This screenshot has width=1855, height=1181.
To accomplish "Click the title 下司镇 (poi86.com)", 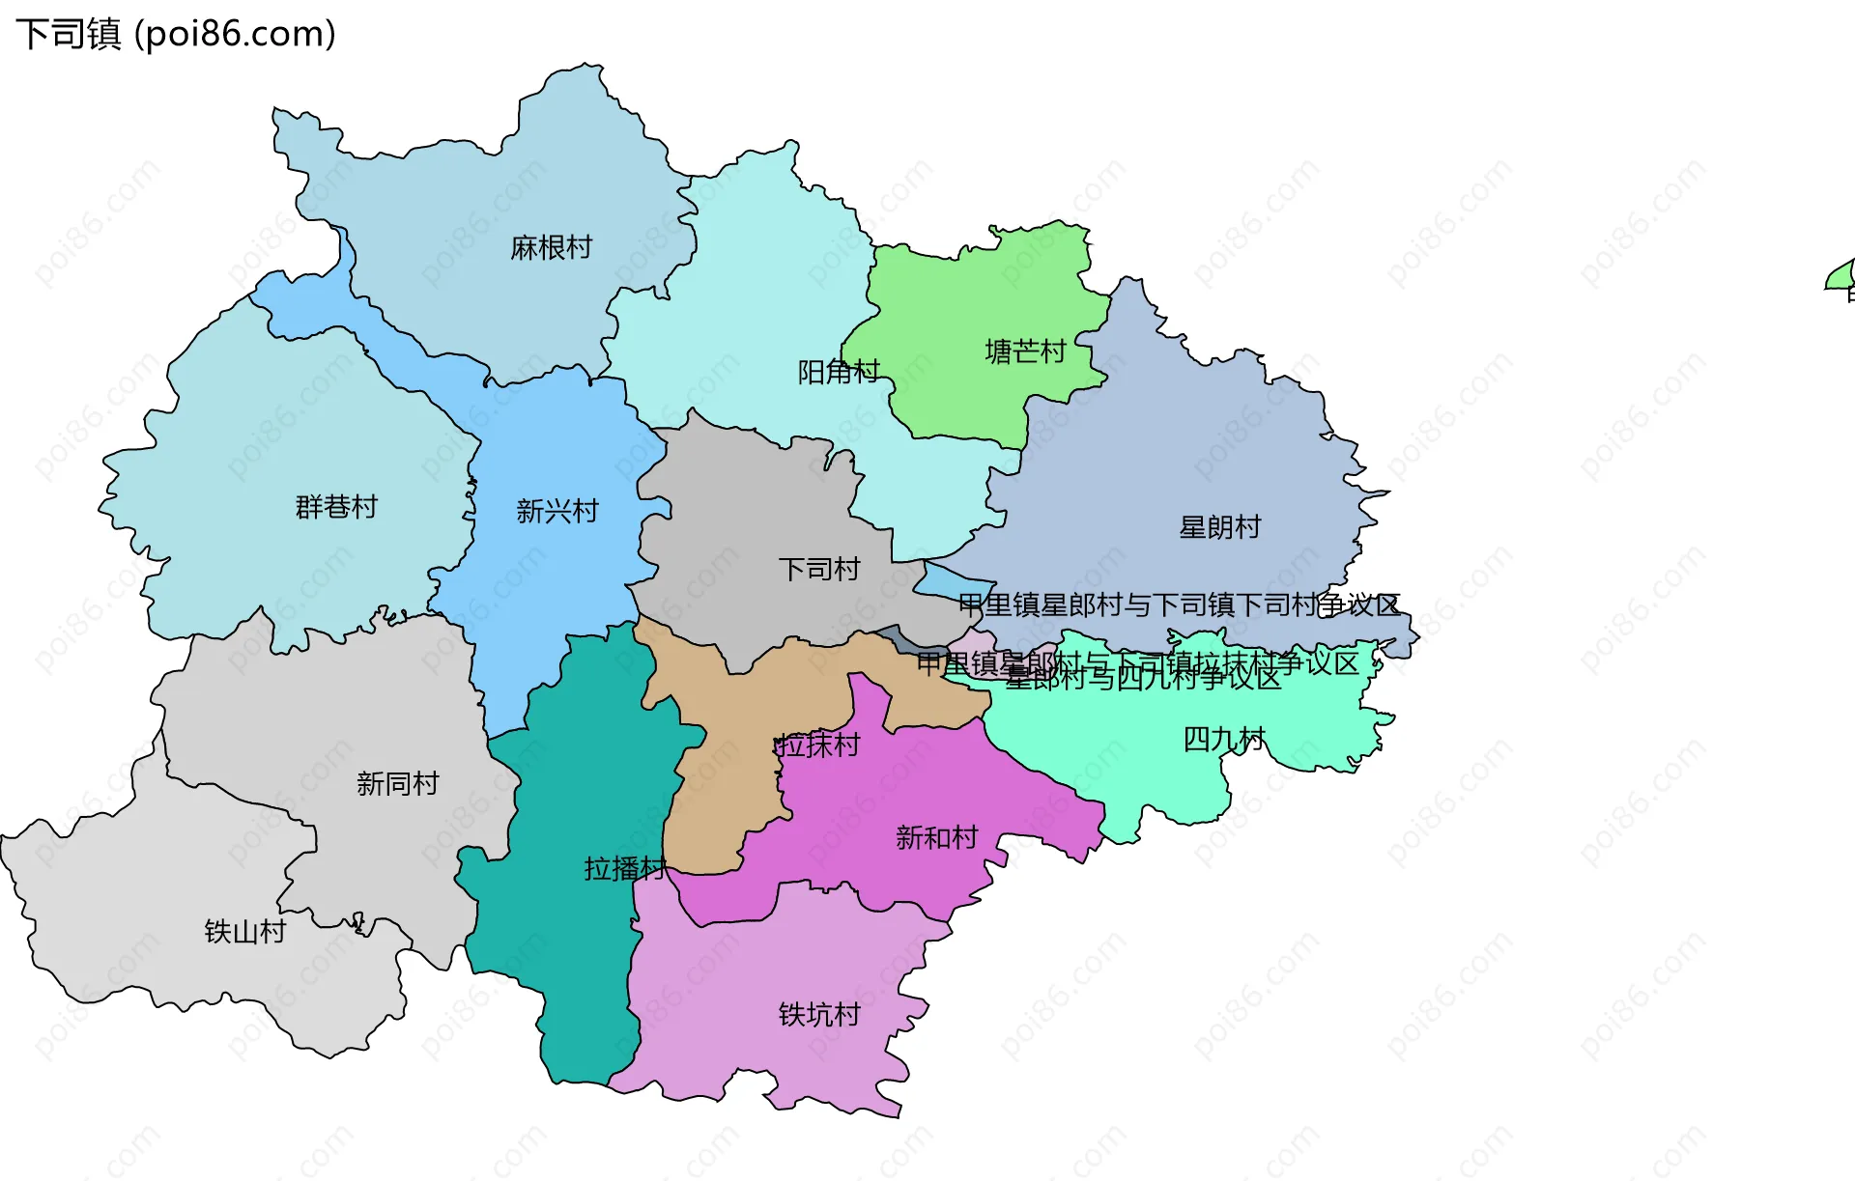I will pyautogui.click(x=176, y=34).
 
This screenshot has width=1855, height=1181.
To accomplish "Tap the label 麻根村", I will pyautogui.click(x=551, y=248).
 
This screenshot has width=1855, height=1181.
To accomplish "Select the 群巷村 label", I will pyautogui.click(x=336, y=507).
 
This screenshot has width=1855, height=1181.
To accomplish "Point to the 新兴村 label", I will pyautogui.click(x=557, y=511).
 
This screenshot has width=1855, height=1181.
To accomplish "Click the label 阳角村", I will pyautogui.click(x=838, y=372).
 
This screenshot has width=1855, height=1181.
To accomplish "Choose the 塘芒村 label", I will pyautogui.click(x=1025, y=351).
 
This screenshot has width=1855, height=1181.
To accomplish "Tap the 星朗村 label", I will pyautogui.click(x=1220, y=527).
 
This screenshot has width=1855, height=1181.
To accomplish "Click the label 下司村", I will pyautogui.click(x=819, y=570).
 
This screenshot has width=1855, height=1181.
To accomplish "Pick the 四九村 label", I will pyautogui.click(x=1224, y=740).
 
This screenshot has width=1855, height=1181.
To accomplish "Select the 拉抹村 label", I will pyautogui.click(x=817, y=745).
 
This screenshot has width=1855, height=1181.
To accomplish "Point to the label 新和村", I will pyautogui.click(x=936, y=837).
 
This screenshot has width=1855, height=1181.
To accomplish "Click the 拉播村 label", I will pyautogui.click(x=625, y=869).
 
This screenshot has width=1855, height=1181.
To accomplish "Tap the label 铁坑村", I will pyautogui.click(x=819, y=1015).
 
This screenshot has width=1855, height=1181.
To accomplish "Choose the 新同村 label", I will pyautogui.click(x=398, y=783).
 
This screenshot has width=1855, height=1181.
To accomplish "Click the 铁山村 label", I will pyautogui.click(x=245, y=932).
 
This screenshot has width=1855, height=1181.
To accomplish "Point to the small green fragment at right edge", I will pyautogui.click(x=1841, y=277).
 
